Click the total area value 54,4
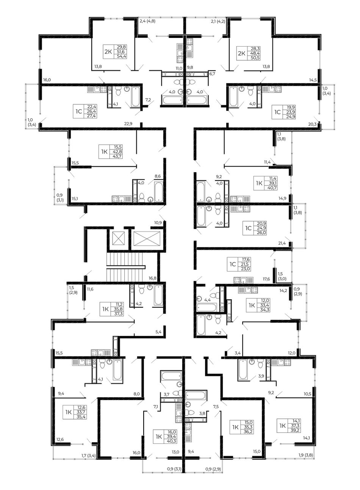(122, 57)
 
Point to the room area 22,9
(128, 124)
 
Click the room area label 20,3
(312, 124)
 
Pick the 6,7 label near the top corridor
(212, 74)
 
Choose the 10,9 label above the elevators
(158, 223)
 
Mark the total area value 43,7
(118, 156)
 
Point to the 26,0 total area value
(262, 233)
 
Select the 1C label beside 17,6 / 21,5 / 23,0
(233, 264)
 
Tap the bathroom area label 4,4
(207, 300)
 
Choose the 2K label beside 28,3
(241, 53)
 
